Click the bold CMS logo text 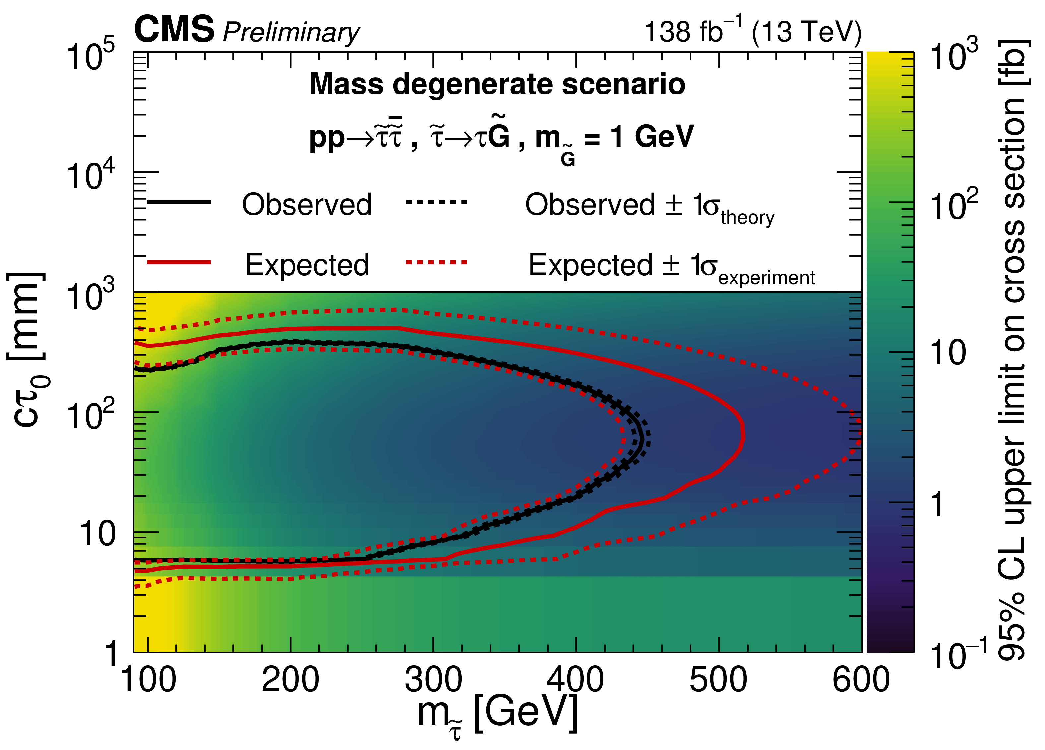(174, 30)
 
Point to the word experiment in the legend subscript (766, 278)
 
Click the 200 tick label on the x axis (290, 680)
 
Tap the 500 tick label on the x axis (718, 680)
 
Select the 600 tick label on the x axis (861, 680)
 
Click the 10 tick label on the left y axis (98, 534)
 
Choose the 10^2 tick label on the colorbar (953, 204)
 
